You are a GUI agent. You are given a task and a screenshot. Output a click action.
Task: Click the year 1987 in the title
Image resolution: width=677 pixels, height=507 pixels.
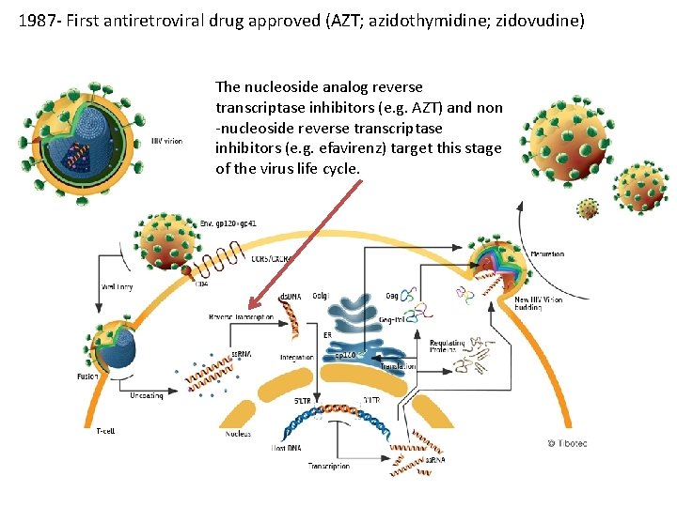35,19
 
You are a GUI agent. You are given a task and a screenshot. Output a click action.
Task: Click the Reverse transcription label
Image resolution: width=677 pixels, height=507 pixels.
241,317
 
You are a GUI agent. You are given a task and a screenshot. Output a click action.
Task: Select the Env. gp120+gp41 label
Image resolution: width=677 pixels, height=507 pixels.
228,223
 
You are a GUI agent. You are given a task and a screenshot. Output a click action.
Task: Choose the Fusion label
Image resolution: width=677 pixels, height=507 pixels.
87,376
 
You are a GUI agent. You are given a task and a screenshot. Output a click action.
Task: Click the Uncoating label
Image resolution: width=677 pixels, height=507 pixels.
147,396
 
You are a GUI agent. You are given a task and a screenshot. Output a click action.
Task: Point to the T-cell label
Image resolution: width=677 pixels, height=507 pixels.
106,431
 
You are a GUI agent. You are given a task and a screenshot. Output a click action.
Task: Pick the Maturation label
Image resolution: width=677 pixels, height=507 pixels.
548,254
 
